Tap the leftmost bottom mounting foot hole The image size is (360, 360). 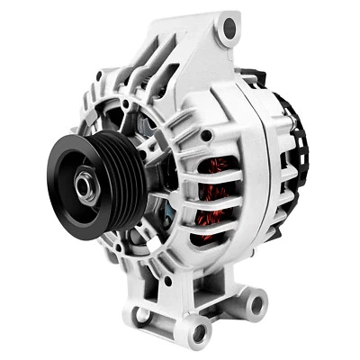(141, 315)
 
